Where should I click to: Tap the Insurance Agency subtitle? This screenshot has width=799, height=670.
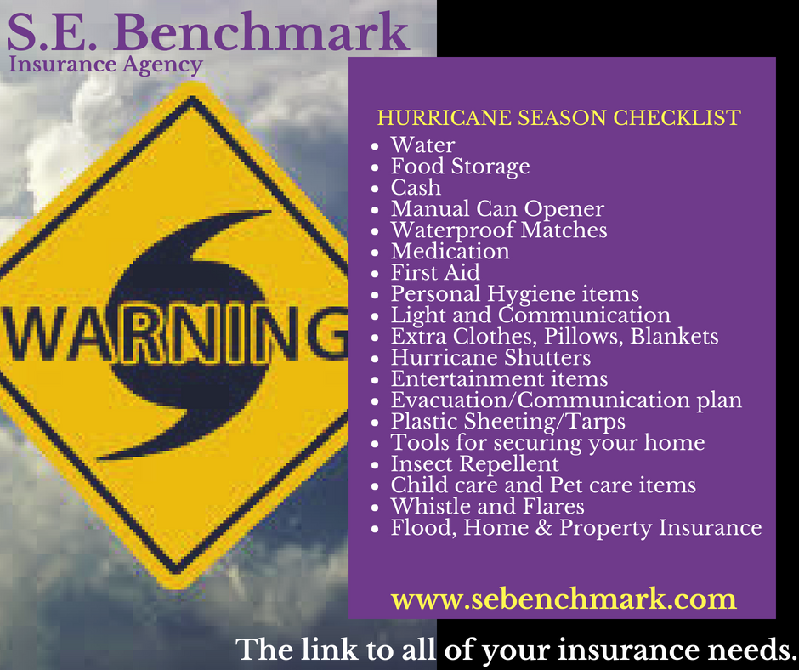[x=105, y=65]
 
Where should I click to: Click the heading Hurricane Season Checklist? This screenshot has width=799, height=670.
[x=559, y=118]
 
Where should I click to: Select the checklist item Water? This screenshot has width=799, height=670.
[x=422, y=145]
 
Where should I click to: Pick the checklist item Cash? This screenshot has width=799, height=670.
[x=416, y=188]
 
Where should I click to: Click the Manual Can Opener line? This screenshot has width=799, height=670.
[x=497, y=209]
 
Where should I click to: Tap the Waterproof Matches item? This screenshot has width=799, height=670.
[x=499, y=230]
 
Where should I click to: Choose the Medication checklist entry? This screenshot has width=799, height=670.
[x=450, y=252]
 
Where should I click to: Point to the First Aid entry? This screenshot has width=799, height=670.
[x=435, y=273]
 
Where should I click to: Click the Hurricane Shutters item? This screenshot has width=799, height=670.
[x=490, y=357]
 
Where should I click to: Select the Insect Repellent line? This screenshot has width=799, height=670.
[x=475, y=464]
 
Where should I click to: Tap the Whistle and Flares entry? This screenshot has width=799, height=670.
[x=488, y=506]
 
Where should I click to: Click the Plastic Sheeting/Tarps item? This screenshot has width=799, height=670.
[x=508, y=422]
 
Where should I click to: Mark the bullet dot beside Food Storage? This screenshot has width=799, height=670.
[x=376, y=167]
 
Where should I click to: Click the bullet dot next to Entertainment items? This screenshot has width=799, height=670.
[x=376, y=380]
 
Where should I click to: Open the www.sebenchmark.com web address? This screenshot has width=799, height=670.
[x=564, y=599]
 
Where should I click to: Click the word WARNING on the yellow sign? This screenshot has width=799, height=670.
[x=174, y=334]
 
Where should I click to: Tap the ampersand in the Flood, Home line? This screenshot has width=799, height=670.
[x=544, y=528]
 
